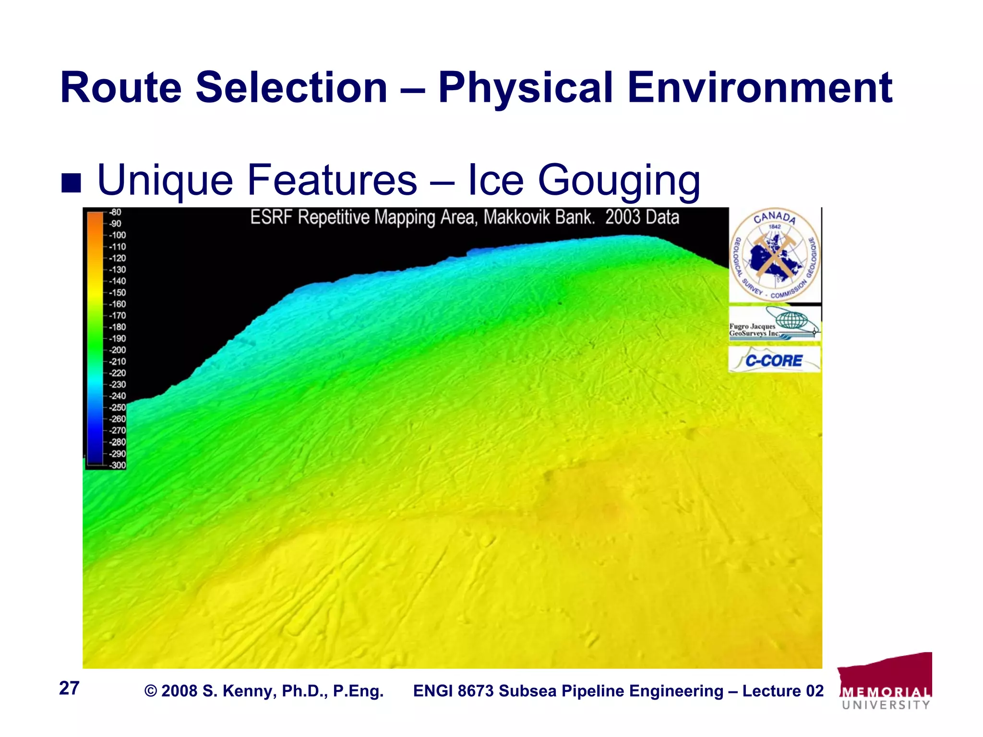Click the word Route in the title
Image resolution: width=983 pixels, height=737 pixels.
click(120, 87)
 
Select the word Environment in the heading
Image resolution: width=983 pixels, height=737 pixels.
click(760, 87)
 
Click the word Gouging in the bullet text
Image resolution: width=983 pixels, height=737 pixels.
click(619, 180)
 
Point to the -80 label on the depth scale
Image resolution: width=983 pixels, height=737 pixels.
click(115, 212)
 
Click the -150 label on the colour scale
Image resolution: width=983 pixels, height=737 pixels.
click(117, 293)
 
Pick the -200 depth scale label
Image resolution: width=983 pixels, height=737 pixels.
click(117, 350)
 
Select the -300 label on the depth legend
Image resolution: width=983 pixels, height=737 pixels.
click(117, 465)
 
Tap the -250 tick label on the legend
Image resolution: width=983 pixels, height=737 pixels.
click(117, 407)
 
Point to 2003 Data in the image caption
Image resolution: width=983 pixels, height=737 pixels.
click(642, 217)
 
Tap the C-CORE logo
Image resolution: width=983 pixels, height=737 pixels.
click(774, 360)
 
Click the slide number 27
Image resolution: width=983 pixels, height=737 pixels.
click(69, 688)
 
